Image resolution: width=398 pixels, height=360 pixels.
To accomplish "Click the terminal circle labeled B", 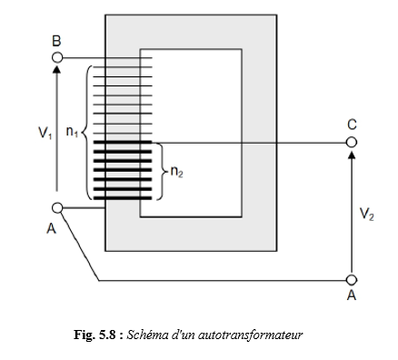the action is [x=57, y=57].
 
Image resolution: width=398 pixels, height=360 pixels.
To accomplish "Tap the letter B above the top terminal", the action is [x=56, y=41].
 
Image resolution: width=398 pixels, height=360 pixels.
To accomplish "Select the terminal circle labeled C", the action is [x=352, y=142].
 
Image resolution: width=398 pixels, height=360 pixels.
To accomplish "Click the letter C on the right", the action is [x=352, y=125].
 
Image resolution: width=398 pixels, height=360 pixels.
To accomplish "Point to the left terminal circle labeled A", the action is [x=57, y=208].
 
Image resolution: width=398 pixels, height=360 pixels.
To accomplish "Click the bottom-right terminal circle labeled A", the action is [x=352, y=280].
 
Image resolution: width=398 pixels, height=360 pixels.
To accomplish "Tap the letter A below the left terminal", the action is [x=52, y=228].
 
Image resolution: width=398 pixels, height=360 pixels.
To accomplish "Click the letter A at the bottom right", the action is [x=352, y=295].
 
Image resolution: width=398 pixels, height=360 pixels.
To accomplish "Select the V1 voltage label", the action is [x=45, y=133].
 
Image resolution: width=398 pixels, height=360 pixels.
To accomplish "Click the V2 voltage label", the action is [x=367, y=215].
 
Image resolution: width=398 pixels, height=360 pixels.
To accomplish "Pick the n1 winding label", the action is [x=72, y=132].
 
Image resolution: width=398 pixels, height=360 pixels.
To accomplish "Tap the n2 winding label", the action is [x=177, y=172].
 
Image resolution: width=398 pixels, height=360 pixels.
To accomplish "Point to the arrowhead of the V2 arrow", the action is [x=352, y=154].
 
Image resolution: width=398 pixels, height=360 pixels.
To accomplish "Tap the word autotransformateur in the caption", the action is [x=250, y=335].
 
